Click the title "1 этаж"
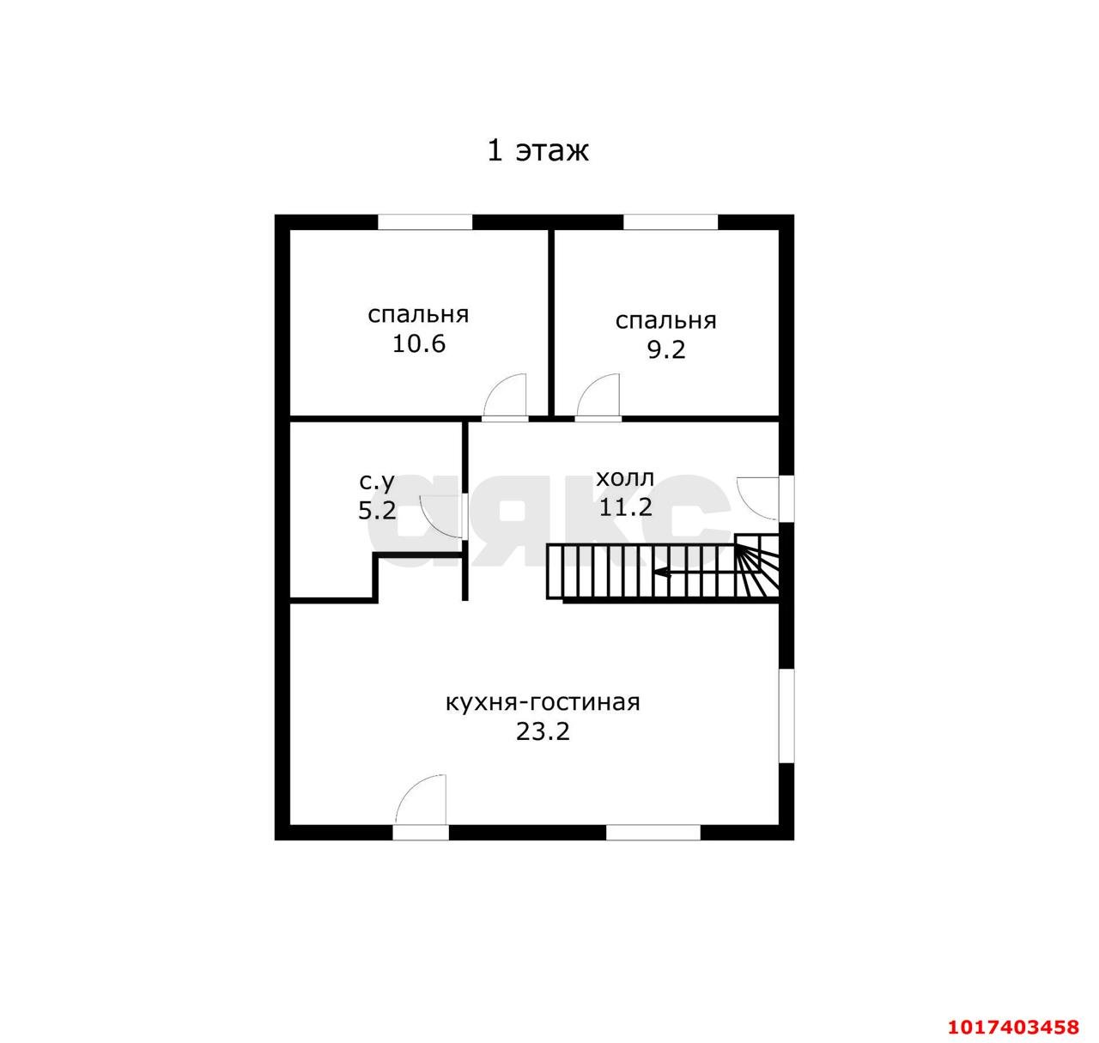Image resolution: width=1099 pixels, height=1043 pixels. pos(537,151)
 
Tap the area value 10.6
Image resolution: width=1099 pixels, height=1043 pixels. pos(419,343)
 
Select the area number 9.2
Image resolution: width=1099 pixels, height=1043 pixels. pos(665,349)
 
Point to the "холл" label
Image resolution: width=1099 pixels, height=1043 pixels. pos(625,478)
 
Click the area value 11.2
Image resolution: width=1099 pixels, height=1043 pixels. pos(625,507)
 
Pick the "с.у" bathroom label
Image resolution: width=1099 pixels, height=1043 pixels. pos(377,482)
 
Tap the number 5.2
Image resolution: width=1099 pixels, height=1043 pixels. pos(377,510)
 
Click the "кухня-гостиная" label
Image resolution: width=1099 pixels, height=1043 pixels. pos(543,702)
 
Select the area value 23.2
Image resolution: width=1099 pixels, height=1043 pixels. pos(543,731)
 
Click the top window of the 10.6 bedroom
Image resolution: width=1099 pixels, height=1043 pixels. pos(425,221)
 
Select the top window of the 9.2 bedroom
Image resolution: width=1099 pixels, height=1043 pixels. pos(671,221)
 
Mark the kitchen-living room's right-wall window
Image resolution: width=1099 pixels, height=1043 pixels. pos(786,716)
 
